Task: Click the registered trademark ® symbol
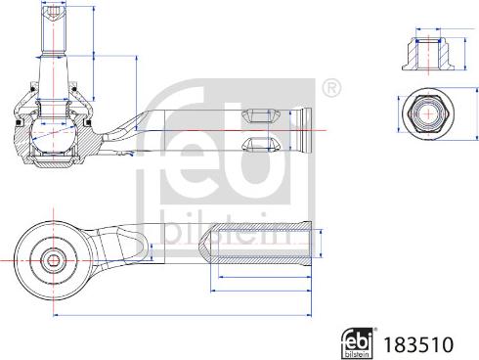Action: (332, 89)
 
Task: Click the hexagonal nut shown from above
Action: (427, 113)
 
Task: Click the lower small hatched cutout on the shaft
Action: (257, 147)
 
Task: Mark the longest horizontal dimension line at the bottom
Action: (181, 315)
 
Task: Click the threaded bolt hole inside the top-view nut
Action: (427, 113)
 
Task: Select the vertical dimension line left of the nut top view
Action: (398, 113)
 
